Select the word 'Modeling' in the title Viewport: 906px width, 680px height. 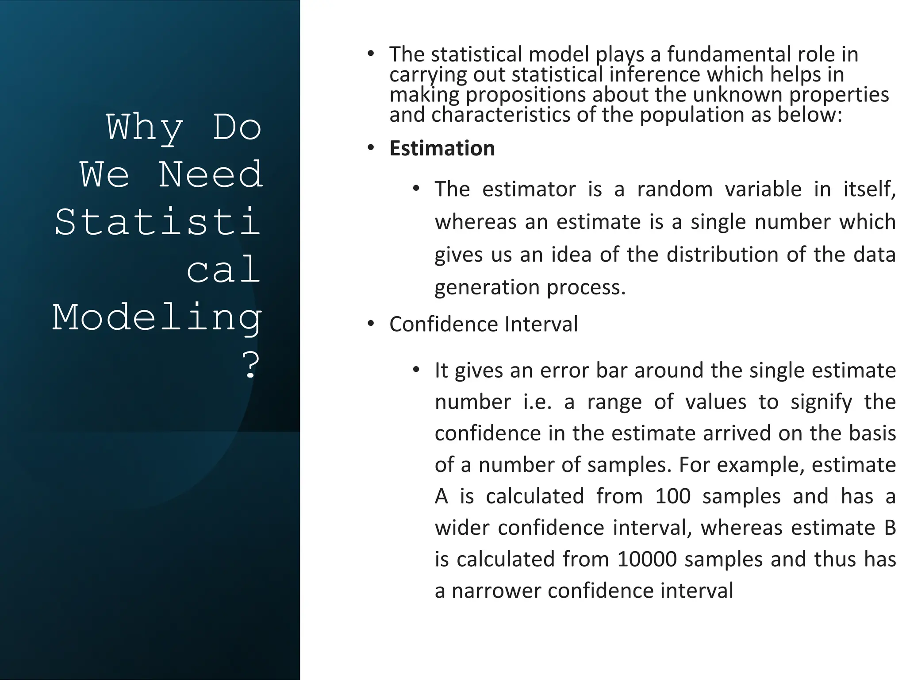[157, 318]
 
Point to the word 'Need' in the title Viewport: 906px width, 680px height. [210, 174]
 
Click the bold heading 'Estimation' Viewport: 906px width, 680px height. [441, 148]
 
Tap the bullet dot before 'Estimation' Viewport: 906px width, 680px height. [371, 148]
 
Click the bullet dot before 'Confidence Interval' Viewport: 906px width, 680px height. [371, 324]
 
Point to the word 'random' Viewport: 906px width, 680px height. [675, 189]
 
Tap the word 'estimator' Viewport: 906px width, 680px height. [529, 189]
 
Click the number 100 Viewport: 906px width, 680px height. [672, 496]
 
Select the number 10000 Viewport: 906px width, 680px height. [647, 559]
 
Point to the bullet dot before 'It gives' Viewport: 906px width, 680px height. [415, 370]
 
